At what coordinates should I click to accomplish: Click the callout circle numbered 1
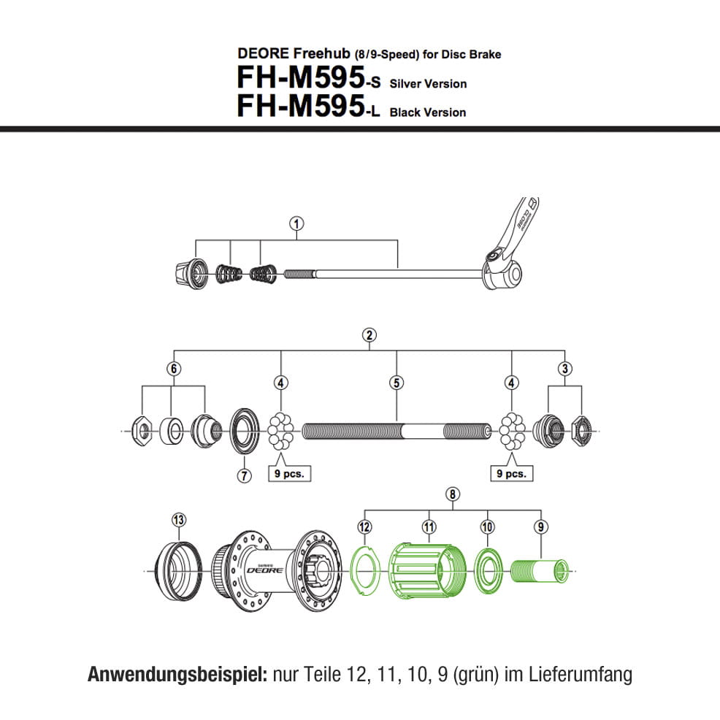[x=296, y=224]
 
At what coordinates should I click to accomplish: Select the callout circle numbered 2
[x=369, y=335]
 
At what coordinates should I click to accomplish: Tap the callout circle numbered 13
[x=179, y=519]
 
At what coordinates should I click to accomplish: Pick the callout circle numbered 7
[x=243, y=475]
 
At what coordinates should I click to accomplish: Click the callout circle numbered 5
[x=397, y=382]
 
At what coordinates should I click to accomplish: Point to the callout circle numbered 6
[x=173, y=368]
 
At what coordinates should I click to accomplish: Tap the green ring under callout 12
[x=364, y=569]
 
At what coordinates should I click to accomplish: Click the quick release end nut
[x=189, y=274]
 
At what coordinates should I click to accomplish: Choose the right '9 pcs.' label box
[x=510, y=473]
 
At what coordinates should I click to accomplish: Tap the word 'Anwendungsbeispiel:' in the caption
[x=177, y=674]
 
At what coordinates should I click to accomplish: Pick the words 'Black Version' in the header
[x=428, y=112]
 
